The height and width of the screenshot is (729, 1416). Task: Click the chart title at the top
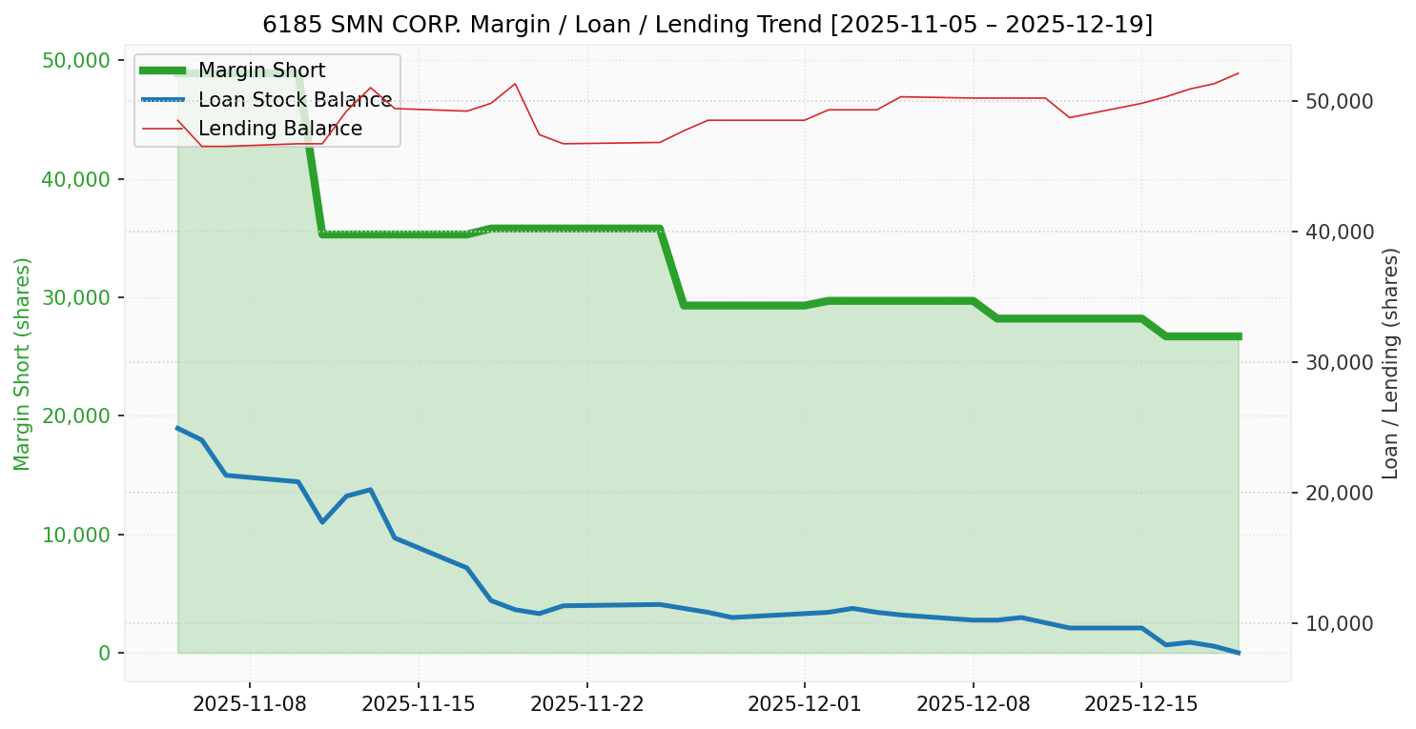708,25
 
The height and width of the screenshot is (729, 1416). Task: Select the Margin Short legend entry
261,71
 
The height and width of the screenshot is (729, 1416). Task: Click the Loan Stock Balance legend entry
295,100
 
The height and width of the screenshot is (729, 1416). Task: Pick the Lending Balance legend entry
279,129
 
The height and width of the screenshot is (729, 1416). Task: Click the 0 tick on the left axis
104,654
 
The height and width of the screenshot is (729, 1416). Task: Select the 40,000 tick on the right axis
1334,233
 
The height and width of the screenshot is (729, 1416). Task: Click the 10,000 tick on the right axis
1334,624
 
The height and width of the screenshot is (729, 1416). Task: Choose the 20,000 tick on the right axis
1334,494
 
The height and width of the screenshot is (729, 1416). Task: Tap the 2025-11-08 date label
250,704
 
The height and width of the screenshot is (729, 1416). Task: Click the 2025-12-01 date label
804,704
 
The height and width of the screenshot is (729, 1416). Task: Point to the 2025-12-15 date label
1141,704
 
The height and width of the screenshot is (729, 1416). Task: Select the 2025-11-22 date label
587,704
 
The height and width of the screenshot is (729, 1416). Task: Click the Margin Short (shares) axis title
23,363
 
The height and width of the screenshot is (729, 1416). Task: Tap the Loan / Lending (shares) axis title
1390,363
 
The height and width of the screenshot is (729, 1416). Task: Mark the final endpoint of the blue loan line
1239,653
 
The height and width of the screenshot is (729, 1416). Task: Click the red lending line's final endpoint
1239,73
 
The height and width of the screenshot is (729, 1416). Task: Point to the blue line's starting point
177,428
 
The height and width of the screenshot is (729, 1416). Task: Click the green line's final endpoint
1239,336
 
